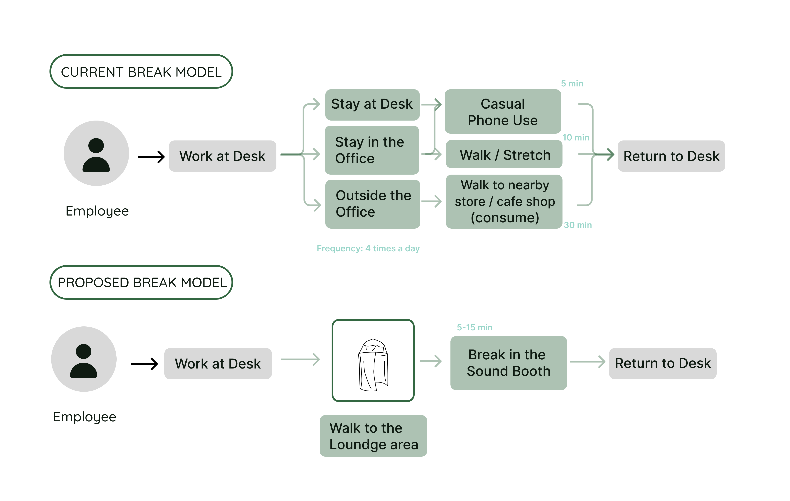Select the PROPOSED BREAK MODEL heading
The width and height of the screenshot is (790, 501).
[141, 282]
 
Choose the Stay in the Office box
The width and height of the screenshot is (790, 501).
[372, 150]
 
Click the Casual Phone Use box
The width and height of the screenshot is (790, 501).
[503, 111]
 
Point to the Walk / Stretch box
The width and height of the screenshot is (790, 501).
[504, 154]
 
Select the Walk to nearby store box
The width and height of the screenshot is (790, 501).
[504, 201]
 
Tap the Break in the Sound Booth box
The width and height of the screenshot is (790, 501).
[508, 363]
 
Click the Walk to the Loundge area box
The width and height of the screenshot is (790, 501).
[373, 436]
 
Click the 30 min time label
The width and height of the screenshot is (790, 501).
[577, 225]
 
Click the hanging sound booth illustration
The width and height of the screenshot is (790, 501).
[373, 360]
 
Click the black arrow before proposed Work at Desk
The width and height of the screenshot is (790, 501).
[144, 364]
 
